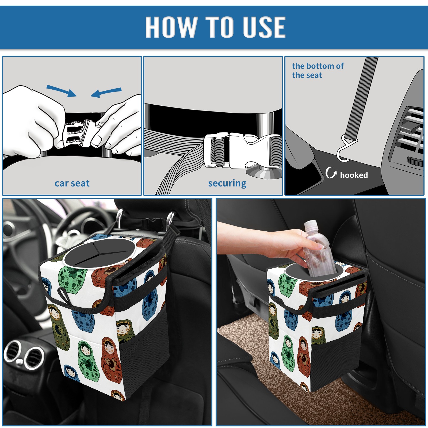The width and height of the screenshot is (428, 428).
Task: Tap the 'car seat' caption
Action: click(72, 183)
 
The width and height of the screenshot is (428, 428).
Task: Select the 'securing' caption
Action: click(227, 184)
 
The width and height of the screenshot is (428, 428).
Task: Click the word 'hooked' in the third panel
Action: click(354, 175)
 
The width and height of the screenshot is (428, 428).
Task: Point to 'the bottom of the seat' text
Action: click(318, 70)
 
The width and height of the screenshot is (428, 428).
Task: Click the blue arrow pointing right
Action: click(62, 91)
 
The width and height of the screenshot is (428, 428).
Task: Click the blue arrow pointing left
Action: click(106, 92)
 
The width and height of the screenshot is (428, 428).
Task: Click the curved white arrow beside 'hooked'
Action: click(330, 173)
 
